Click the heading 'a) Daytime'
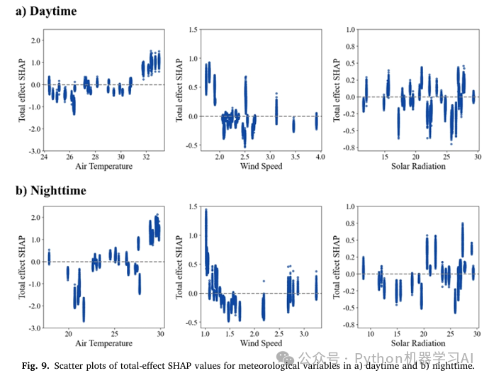[x=43, y=11]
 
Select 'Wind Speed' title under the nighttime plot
[x=262, y=343]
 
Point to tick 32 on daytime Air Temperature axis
[x=146, y=156]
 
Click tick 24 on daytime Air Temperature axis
[x=44, y=156]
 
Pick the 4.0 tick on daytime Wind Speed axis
[x=320, y=156]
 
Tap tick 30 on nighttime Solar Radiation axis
[x=478, y=333]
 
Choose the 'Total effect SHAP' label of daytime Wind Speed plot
[x=179, y=91]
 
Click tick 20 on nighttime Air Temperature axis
[x=69, y=333]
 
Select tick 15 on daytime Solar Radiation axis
[x=385, y=156]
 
